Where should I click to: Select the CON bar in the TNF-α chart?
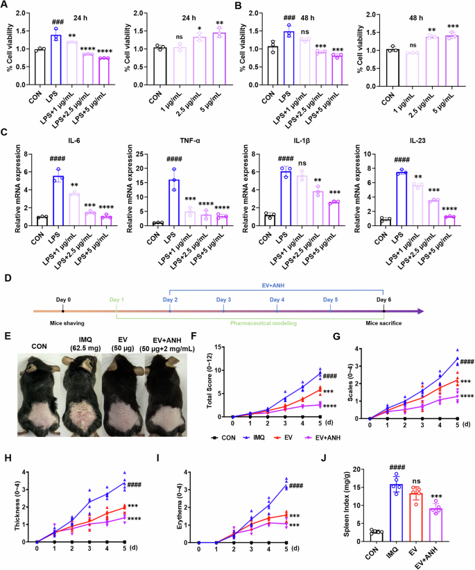pos(157,223)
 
